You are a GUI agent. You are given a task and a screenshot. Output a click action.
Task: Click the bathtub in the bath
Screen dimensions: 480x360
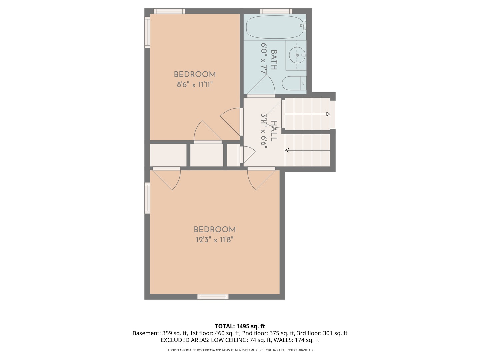(275, 27)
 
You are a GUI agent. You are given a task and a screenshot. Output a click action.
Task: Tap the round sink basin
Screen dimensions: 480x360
(297, 55)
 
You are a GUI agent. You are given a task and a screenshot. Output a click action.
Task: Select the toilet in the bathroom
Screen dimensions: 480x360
(294, 83)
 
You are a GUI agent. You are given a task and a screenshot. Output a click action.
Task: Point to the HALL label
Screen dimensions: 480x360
(274, 131)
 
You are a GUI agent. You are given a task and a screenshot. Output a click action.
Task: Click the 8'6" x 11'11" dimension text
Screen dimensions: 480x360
(195, 85)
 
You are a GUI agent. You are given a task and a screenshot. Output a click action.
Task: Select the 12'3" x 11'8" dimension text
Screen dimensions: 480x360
(215, 240)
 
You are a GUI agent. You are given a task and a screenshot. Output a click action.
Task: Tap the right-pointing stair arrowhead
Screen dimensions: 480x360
(328, 114)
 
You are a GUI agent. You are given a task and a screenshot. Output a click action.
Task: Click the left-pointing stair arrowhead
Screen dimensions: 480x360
(287, 150)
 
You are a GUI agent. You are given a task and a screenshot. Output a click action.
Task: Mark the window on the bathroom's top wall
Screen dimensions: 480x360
(276, 11)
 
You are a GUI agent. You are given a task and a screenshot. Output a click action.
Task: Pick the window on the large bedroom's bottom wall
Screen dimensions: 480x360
(213, 297)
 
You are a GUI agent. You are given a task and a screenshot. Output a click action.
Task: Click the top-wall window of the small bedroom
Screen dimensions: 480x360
(169, 11)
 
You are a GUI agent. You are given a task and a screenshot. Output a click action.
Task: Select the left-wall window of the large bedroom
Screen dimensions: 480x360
(147, 198)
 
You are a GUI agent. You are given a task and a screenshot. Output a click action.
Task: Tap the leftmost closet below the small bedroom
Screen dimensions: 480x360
(168, 155)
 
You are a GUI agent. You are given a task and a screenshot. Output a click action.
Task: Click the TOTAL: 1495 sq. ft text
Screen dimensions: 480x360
(240, 326)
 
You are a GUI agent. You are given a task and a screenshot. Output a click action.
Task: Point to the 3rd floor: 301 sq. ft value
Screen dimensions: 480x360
(322, 333)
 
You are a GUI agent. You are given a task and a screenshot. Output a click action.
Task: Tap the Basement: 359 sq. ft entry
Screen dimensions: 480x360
(160, 333)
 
